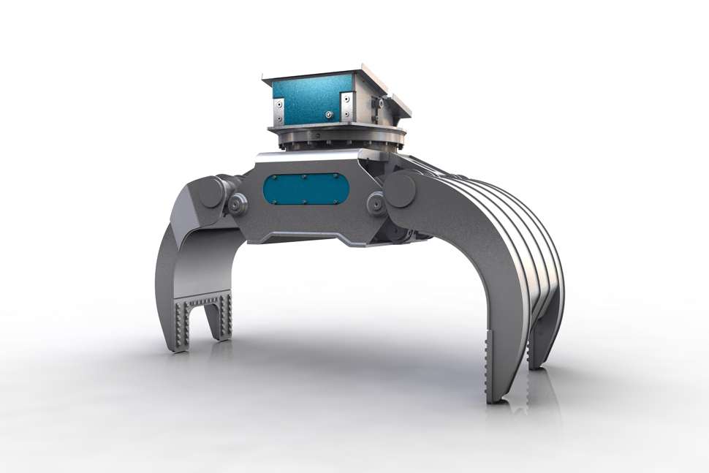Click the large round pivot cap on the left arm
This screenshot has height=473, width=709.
(x=211, y=192)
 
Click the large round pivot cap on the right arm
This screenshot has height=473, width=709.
(x=400, y=190)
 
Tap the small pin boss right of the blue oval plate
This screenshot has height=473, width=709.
(x=376, y=201)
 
